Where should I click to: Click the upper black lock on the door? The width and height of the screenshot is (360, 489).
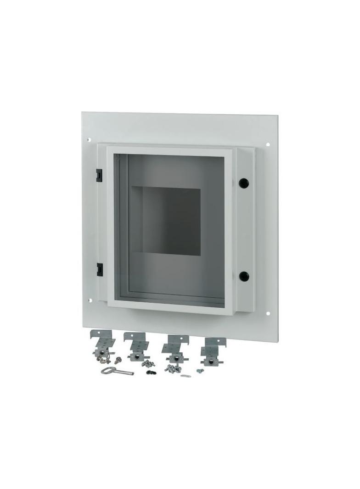point(243,182)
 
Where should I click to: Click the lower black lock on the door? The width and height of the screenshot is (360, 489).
point(244,276)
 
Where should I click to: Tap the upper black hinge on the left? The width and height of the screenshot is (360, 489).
point(99,174)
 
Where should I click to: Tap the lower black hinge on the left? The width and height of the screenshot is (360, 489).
point(99,269)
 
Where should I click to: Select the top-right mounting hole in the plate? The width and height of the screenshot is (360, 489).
point(267,144)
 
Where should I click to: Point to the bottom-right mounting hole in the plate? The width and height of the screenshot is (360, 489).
point(267,313)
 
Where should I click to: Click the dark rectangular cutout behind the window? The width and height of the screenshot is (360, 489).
point(171,221)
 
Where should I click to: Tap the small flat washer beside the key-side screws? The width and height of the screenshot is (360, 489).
point(185,376)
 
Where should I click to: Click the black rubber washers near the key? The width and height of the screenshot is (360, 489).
point(151,372)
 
